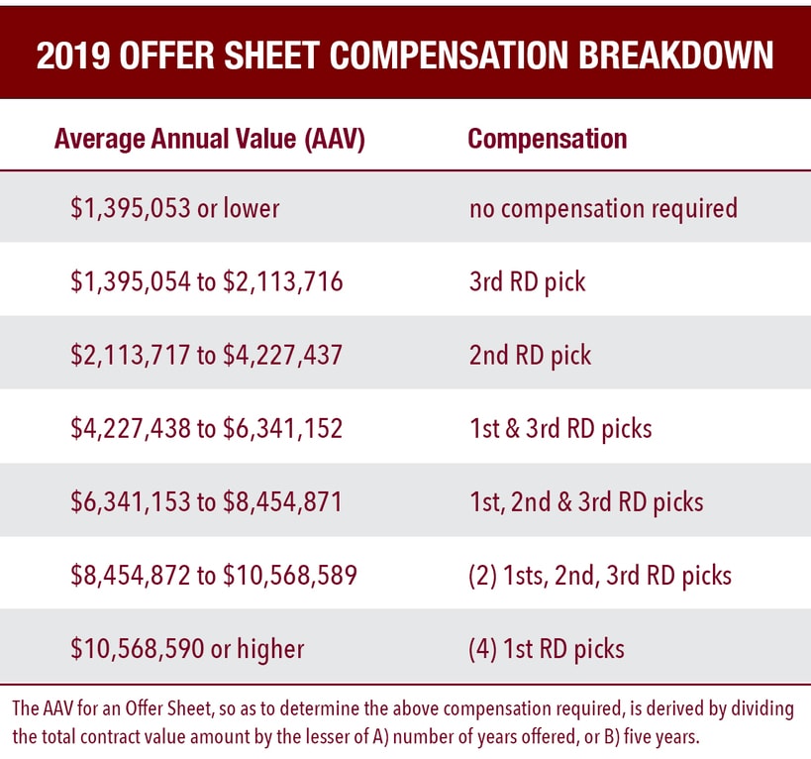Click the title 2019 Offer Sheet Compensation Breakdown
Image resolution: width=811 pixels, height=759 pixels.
405,55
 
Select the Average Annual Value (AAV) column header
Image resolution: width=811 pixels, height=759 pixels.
210,139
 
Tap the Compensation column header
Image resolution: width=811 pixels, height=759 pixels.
547,139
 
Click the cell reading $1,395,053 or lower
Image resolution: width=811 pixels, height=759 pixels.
174,208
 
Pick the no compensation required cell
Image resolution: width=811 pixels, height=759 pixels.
603,208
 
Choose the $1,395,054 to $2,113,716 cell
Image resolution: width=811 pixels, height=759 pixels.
206,281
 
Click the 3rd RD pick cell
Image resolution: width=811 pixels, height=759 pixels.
527,281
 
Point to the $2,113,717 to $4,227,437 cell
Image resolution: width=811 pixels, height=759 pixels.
206,355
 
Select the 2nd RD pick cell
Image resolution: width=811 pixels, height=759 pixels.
530,355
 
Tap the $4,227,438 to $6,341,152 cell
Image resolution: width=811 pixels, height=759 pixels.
206,428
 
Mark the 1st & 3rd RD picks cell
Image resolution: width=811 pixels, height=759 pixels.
559,428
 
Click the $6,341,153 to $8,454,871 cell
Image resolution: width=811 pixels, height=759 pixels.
206,501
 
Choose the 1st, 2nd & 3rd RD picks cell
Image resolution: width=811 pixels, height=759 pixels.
586,501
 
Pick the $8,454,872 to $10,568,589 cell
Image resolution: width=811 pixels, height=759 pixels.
213,575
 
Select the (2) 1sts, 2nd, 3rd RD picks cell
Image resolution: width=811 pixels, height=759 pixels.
600,575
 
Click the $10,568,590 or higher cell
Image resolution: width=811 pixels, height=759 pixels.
187,649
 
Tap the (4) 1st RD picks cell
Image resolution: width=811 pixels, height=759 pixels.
547,649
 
